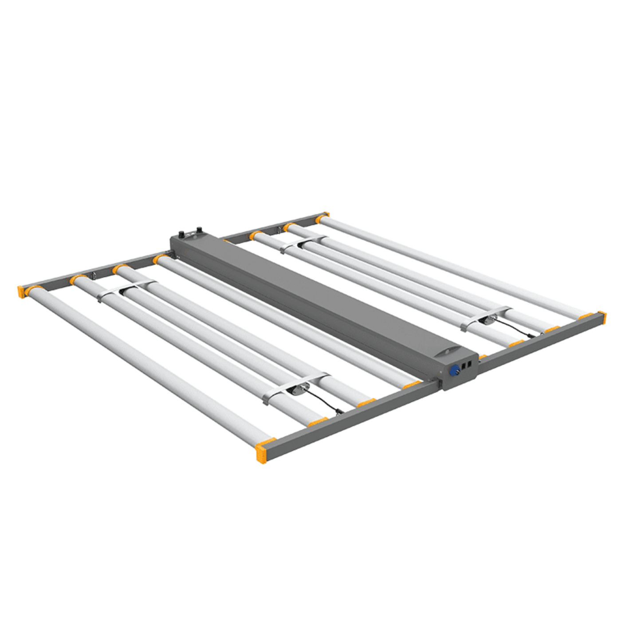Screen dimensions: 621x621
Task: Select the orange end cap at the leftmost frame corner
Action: click(20, 291)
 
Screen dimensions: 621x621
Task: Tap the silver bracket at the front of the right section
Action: click(487, 316)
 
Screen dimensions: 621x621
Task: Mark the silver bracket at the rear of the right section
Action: click(306, 243)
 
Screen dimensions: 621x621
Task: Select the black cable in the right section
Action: click(521, 326)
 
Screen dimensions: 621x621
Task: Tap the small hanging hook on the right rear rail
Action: click(279, 230)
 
